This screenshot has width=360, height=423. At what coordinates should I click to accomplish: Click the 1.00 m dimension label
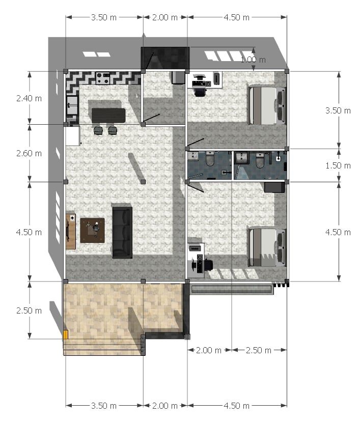point(253,60)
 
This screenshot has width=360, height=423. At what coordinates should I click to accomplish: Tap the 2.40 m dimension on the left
point(29,98)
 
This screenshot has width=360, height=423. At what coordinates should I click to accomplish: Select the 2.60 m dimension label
point(29,153)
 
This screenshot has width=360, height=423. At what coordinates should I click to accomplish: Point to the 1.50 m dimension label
point(338,165)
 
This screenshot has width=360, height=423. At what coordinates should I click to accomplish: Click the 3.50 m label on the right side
point(338,110)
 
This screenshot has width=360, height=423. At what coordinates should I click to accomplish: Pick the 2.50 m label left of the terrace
point(29,311)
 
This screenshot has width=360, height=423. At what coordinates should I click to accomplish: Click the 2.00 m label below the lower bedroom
point(209,350)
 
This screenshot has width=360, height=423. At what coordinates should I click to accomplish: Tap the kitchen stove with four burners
point(103,78)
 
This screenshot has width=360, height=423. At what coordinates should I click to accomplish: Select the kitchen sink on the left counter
point(72,105)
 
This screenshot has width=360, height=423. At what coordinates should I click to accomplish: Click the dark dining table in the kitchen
point(108,116)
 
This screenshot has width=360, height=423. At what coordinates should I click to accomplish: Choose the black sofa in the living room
point(122,233)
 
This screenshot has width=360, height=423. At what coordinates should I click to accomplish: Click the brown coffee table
point(92,231)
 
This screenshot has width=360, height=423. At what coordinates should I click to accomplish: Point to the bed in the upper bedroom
point(267,105)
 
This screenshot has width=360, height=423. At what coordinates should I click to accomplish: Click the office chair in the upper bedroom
point(200,92)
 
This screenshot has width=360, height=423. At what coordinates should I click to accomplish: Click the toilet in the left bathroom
point(210,159)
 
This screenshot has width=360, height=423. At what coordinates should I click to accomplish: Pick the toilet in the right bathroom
point(260,160)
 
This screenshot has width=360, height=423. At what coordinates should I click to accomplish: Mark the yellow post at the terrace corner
point(66,334)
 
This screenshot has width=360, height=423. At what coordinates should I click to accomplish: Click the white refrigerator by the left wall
point(73,136)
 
